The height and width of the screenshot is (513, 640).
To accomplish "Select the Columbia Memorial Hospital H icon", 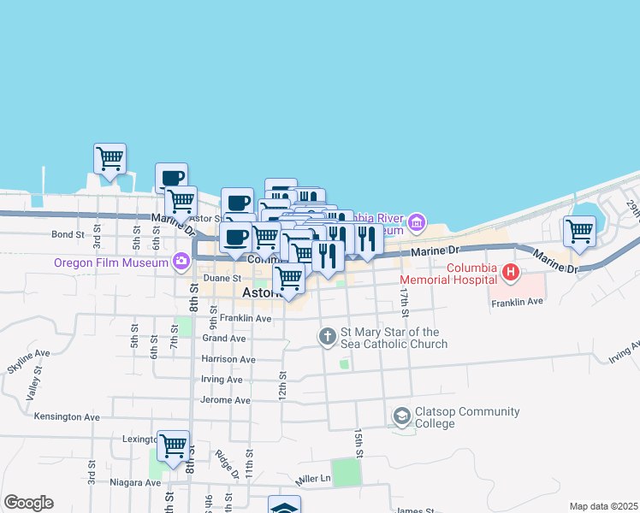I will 511,274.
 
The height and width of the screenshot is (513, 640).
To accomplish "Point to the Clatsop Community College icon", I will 401,416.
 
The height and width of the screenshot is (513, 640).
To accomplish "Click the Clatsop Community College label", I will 467,416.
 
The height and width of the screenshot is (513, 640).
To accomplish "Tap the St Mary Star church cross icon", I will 327,337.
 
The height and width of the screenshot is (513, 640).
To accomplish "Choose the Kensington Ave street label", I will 67,416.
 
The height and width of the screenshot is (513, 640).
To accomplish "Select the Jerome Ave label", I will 225,399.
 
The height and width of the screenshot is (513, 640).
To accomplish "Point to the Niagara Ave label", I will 135,482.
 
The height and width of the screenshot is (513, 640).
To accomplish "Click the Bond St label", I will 68,233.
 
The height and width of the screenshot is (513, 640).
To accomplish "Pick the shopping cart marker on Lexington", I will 173,445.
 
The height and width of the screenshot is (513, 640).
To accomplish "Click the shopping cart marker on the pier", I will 110,159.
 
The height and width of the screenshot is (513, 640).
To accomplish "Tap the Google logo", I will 28,503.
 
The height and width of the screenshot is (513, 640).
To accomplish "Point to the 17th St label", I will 404,298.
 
